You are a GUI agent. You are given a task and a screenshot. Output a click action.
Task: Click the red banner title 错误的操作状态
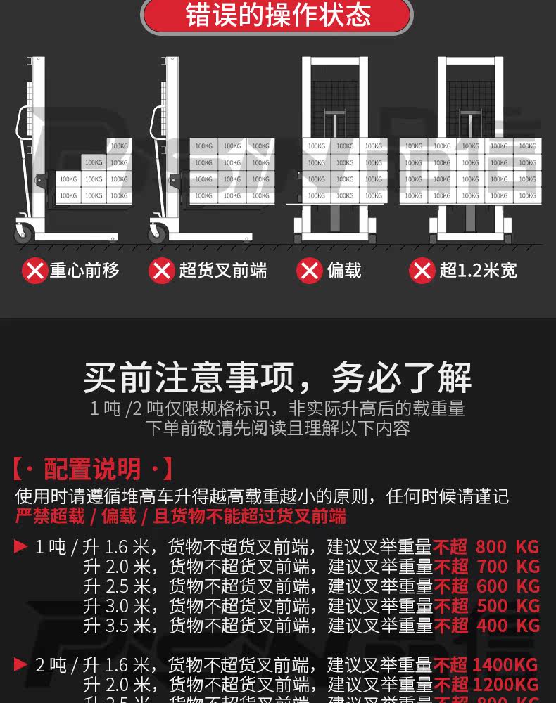277,16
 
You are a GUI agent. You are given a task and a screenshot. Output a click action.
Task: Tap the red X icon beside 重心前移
34,270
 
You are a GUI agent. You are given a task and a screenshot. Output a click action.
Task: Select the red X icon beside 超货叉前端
162,270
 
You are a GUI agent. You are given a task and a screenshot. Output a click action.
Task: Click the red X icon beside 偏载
310,270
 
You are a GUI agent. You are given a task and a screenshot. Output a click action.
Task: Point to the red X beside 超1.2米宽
422,270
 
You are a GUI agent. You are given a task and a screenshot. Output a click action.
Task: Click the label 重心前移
84,270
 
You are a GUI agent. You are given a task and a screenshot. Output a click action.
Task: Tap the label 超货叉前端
222,270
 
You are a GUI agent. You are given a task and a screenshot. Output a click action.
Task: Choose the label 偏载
344,270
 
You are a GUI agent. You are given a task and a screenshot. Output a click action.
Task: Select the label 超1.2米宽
478,270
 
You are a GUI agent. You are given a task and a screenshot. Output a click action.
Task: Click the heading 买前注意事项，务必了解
277,378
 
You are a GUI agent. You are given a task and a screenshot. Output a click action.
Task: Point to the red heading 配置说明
92,469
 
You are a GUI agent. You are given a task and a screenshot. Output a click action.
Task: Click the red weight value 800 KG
507,547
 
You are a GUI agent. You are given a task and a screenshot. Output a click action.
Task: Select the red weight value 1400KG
506,665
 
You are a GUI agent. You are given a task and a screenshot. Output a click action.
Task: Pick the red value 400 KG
507,626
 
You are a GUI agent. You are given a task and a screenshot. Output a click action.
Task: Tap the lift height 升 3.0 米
116,606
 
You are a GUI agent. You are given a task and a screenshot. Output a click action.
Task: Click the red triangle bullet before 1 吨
20,546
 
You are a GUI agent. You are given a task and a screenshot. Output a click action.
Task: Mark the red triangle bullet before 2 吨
20,664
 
